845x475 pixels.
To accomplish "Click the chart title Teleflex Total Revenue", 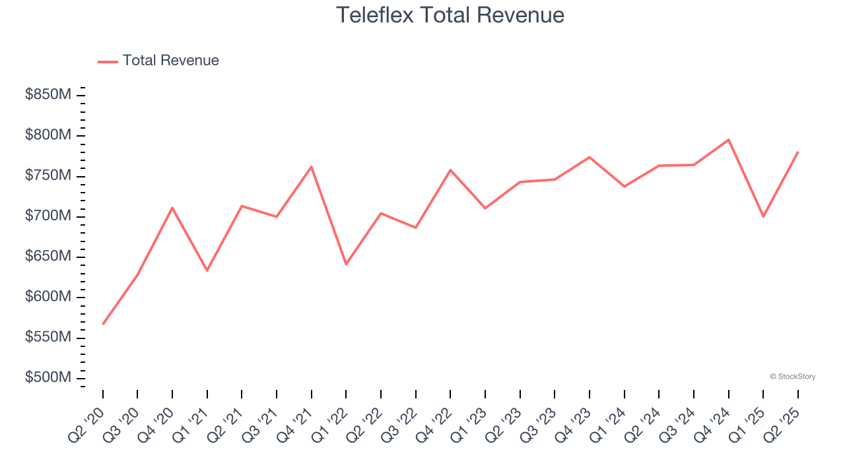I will pos(450,15).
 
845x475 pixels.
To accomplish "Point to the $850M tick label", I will pos(48,95).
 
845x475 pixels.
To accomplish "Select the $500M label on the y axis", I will pos(48,378).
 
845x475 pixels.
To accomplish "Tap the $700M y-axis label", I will pos(48,216).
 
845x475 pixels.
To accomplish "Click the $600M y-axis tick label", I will pos(48,297).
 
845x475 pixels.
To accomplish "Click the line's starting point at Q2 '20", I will pos(103,324).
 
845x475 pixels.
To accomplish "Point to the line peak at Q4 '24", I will pos(728,140).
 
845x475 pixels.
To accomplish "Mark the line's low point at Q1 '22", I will pos(346,265).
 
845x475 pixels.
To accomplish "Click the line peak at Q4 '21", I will pos(311,166).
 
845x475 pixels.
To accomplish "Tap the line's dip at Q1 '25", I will pos(763,216).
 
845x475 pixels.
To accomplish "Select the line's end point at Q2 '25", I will pos(797,152).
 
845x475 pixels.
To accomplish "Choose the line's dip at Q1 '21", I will pos(207,270).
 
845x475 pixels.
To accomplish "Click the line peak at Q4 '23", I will pos(590,157).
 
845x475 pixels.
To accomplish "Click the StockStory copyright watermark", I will pos(792,377).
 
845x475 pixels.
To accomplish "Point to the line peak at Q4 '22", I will pos(450,170).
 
